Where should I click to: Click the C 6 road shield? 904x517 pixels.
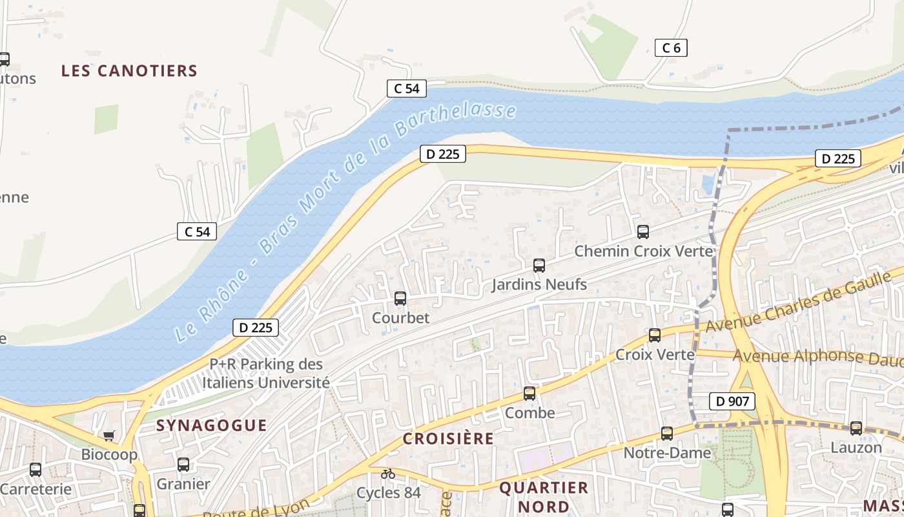point(671,47)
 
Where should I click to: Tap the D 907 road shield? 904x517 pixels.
point(732,401)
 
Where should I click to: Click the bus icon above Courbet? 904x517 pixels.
point(400,299)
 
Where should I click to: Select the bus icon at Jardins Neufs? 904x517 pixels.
point(539,266)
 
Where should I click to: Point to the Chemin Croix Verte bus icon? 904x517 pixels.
point(642,232)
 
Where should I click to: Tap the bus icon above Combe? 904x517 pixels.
point(529,394)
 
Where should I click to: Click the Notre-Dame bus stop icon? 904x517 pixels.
point(667,434)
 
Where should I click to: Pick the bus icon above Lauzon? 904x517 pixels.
point(856,428)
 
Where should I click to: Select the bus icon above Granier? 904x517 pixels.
point(183,465)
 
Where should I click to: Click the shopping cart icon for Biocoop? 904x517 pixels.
point(108,436)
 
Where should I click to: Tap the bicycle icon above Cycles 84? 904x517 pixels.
point(387,474)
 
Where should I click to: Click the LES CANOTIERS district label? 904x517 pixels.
point(129,71)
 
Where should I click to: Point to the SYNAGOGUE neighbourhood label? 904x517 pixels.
point(211,425)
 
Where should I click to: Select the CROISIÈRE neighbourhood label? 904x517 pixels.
point(448,439)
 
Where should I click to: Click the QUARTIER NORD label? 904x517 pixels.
point(544,496)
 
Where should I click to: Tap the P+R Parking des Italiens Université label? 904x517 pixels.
point(266,374)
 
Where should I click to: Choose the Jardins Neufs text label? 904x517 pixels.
point(539,284)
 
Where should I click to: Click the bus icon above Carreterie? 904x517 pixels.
point(36,470)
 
